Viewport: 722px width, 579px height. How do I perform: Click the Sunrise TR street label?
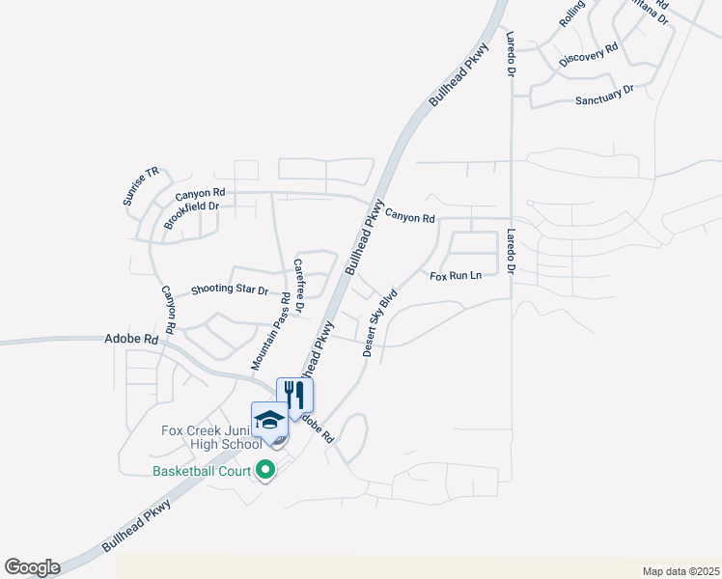tap(141, 186)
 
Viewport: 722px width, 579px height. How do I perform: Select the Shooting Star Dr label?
tap(229, 289)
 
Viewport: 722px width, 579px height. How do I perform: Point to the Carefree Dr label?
tap(299, 286)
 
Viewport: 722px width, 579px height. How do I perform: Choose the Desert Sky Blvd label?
tap(380, 323)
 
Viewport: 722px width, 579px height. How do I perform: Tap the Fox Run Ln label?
tap(456, 276)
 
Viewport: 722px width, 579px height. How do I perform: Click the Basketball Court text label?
tap(201, 471)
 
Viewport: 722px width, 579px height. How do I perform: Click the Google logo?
tap(32, 567)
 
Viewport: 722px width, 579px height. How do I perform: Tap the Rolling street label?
tap(572, 13)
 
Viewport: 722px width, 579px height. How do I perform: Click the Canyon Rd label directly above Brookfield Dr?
tap(207, 194)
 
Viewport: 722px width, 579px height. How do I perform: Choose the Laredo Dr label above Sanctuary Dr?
tap(512, 54)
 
